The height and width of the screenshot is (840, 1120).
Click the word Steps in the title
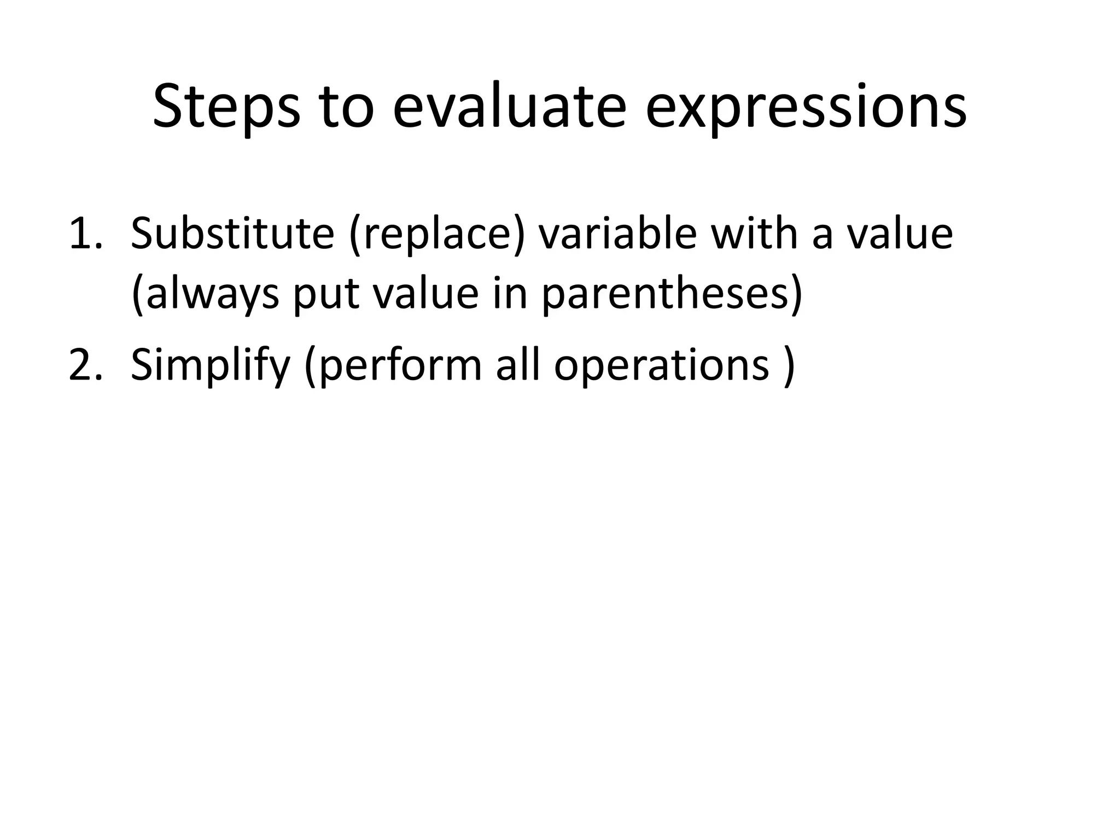(x=226, y=107)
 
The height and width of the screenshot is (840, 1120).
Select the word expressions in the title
(x=806, y=107)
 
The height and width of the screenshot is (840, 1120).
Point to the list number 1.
(x=85, y=234)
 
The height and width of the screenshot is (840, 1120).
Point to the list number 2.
(x=85, y=365)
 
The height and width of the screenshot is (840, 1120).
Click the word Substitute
(x=232, y=234)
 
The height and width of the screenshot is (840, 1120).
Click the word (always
(x=205, y=294)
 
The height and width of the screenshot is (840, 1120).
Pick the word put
(x=326, y=294)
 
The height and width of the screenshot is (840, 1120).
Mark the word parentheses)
(x=672, y=294)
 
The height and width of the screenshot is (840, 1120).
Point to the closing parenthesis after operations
(x=788, y=365)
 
